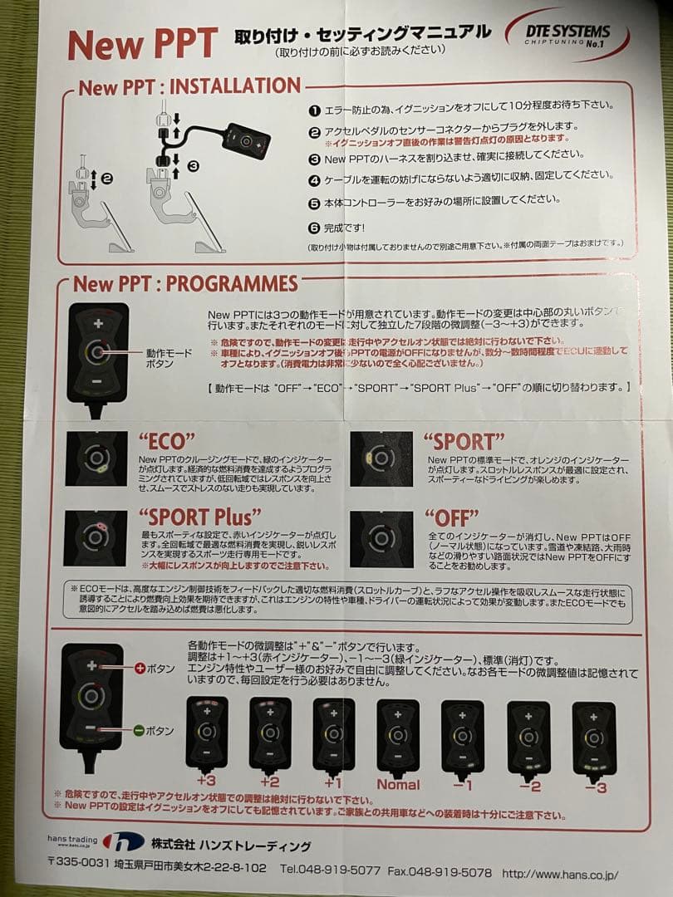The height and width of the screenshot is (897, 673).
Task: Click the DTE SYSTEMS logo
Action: (567, 33)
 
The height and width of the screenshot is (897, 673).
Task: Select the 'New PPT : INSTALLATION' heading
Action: (189, 86)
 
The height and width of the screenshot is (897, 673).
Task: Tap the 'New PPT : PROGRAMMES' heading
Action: (185, 283)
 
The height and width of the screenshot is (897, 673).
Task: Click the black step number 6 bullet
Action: (314, 228)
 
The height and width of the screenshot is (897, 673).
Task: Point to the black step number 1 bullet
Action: (314, 109)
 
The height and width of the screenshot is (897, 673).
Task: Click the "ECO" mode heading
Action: (166, 441)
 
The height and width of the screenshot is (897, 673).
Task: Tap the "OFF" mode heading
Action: (451, 517)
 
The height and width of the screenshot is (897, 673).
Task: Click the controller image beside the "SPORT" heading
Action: (381, 458)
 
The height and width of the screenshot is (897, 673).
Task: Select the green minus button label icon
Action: (139, 731)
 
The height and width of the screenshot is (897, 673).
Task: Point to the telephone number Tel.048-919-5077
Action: (330, 872)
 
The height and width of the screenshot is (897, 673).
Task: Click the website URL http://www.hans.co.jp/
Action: (560, 873)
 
